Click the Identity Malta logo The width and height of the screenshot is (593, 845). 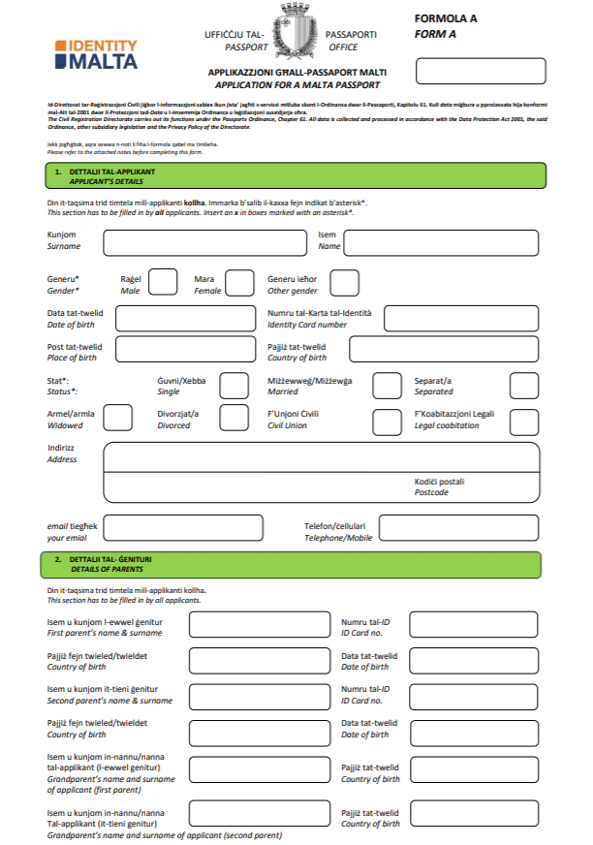point(96,53)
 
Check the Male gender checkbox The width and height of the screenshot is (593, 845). point(163,282)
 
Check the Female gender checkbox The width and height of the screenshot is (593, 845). point(237,282)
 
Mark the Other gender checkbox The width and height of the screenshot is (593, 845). point(344,282)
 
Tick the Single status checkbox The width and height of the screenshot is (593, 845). point(234,386)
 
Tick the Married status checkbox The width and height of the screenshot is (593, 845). point(387,386)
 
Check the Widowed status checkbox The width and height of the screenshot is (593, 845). point(117,418)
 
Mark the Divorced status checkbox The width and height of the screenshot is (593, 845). point(234,418)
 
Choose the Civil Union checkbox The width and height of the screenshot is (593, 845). point(387,420)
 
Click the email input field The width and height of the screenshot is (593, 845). point(182,527)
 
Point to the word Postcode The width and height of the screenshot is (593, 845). point(431,492)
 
